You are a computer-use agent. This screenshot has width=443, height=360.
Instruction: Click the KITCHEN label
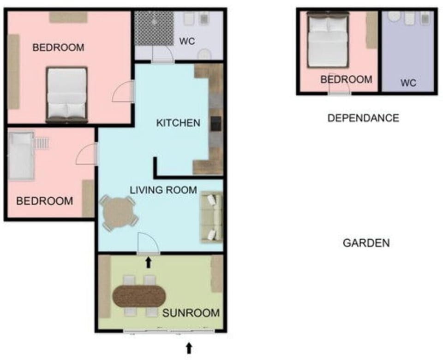(178, 123)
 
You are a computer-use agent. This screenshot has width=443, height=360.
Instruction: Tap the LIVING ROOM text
(163, 190)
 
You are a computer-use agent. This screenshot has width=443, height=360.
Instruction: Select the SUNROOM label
(191, 313)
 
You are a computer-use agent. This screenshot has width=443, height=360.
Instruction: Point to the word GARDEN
(366, 243)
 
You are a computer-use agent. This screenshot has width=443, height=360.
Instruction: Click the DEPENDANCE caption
(363, 118)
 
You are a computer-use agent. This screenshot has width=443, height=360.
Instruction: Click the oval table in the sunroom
(139, 296)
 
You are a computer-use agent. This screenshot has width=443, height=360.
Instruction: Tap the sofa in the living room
(211, 217)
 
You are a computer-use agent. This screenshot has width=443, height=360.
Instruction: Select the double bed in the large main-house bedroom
(67, 95)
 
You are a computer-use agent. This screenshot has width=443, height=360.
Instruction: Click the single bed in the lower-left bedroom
(21, 156)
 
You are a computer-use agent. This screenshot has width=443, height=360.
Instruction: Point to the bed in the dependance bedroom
(328, 40)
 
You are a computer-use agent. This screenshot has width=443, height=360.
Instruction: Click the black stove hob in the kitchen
(216, 124)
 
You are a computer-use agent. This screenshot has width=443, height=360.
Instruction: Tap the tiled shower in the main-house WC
(154, 28)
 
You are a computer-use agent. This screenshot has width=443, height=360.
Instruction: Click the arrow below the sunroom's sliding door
(189, 348)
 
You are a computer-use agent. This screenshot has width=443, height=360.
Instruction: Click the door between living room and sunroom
(148, 244)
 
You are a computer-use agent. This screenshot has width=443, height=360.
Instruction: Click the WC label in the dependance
(408, 83)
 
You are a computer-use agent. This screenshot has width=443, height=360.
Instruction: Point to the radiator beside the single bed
(42, 143)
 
